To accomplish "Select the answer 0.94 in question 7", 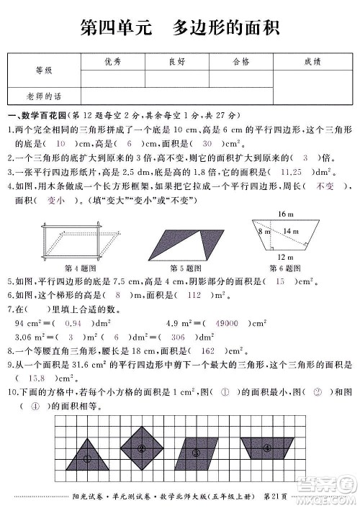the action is (x=87, y=324).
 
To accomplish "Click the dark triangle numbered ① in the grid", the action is (x=87, y=455).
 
